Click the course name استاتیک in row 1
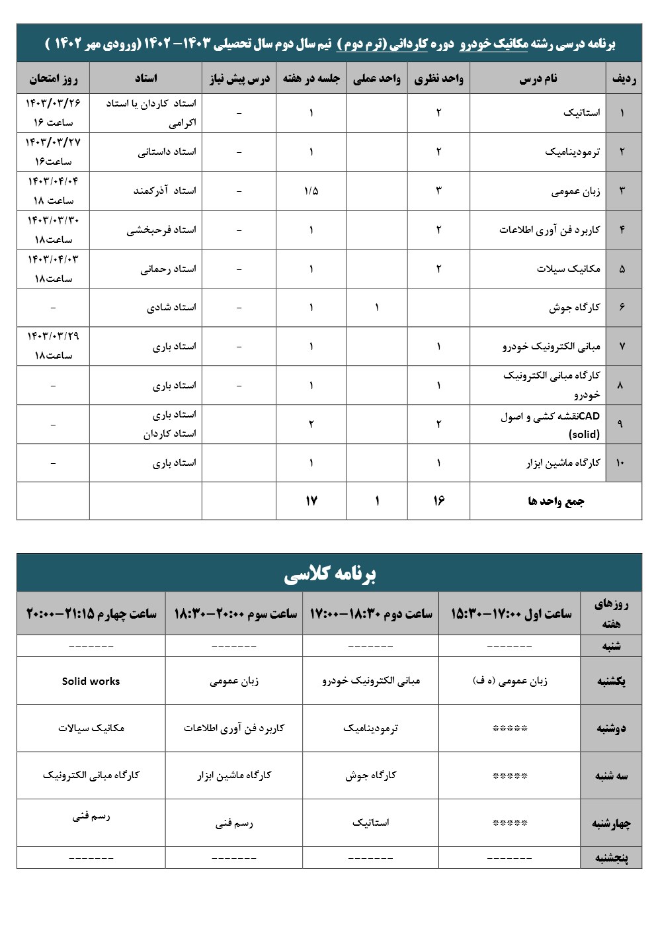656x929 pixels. (581, 112)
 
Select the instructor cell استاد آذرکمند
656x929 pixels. (165, 191)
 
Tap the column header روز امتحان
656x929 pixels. (53, 79)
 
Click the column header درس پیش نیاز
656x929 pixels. (239, 79)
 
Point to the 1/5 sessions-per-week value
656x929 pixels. (311, 191)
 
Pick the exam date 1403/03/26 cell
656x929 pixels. (53, 112)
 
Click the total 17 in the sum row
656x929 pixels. (311, 501)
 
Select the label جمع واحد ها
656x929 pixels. (555, 501)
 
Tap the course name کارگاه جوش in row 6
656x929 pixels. (574, 307)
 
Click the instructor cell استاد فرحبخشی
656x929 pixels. (161, 230)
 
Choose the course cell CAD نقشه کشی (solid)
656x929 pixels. (550, 425)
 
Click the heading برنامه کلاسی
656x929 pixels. (329, 574)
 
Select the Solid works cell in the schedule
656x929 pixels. (91, 681)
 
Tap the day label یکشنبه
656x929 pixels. (611, 681)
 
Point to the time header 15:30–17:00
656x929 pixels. (511, 614)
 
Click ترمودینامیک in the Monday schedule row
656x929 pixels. (370, 728)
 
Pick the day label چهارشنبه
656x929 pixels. (611, 823)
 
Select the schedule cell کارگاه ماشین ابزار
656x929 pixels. (234, 775)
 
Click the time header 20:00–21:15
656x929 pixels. (91, 614)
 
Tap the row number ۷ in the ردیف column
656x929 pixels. (622, 346)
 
